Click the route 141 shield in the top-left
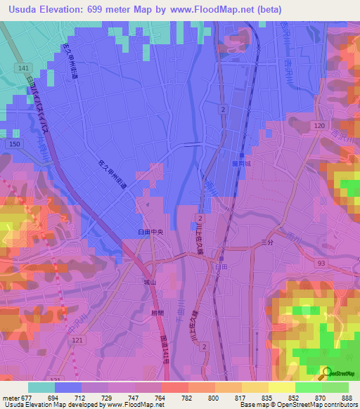tap(24, 67)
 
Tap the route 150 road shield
tap(13, 143)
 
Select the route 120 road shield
tap(319, 124)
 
